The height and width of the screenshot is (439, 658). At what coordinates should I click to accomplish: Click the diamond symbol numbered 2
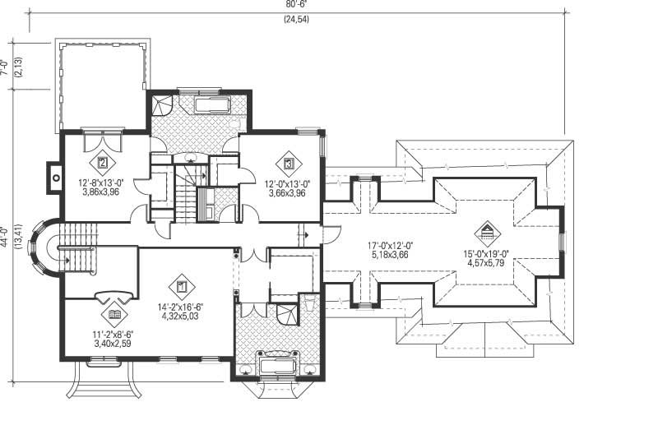[103, 163]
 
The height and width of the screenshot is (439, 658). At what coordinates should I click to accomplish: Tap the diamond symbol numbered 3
[289, 164]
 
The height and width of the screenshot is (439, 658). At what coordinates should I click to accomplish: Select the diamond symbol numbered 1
[181, 288]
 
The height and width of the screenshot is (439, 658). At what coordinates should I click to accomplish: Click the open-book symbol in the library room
[114, 315]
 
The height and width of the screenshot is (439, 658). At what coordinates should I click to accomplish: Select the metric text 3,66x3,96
[286, 193]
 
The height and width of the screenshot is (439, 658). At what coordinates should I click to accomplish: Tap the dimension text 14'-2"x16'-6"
[182, 307]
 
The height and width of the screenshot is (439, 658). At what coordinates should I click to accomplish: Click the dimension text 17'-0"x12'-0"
[391, 245]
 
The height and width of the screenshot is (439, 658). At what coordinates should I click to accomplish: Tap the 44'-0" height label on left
[5, 238]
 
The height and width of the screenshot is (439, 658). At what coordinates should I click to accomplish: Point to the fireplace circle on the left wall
[56, 176]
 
